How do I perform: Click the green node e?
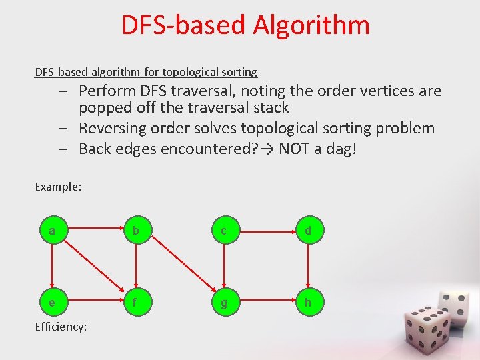[51, 303]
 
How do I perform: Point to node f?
[136, 303]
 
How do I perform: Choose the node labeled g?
[224, 303]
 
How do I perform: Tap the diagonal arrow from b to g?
[180, 267]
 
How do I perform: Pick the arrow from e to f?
[93, 303]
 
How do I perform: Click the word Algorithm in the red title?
[311, 25]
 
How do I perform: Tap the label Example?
[58, 187]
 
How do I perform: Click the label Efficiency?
[61, 327]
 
